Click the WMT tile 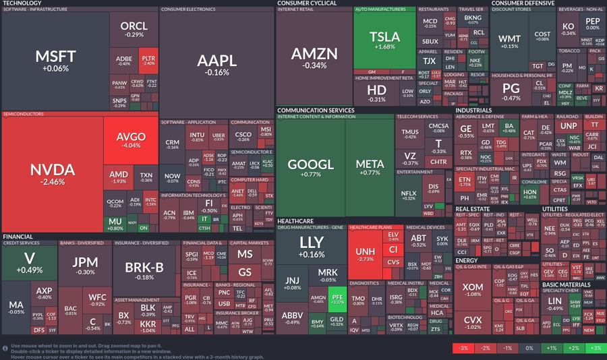(x=509, y=41)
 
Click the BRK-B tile (x=144, y=271)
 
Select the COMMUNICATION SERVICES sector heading (x=316, y=110)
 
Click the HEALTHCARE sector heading (x=295, y=221)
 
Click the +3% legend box (x=595, y=348)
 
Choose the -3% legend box (x=463, y=348)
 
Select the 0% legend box (x=529, y=348)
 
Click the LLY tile (x=311, y=246)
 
